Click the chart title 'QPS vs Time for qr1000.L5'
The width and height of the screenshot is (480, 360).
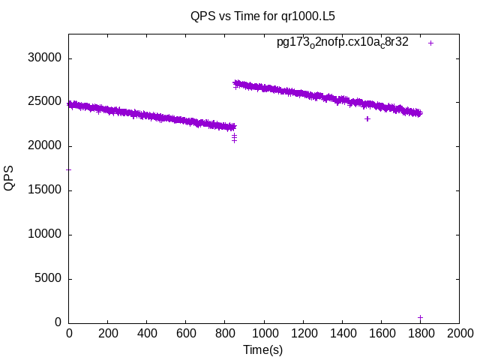(x=262, y=15)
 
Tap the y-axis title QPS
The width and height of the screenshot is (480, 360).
(x=10, y=178)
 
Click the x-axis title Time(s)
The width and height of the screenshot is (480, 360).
(x=262, y=349)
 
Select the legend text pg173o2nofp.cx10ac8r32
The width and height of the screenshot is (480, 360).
(x=343, y=43)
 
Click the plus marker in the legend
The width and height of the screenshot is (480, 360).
(x=430, y=43)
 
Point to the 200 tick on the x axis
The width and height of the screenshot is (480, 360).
(x=108, y=333)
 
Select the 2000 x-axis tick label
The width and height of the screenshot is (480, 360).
(x=459, y=333)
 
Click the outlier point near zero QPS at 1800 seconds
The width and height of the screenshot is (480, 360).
(x=420, y=318)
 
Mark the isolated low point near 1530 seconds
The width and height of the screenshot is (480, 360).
(x=367, y=118)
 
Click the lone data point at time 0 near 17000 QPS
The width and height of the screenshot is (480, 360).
(x=69, y=169)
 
